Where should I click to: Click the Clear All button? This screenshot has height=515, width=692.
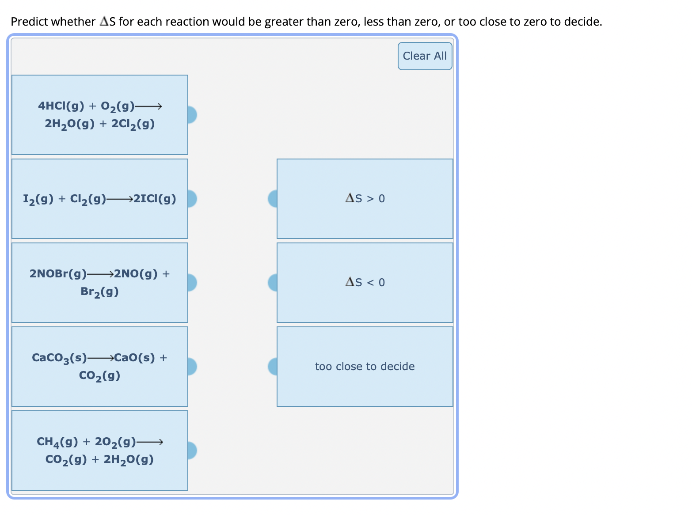425,56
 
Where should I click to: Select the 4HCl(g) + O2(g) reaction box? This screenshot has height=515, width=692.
100,115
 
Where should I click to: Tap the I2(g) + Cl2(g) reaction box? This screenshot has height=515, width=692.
100,199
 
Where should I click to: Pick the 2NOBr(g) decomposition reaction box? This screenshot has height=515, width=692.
100,283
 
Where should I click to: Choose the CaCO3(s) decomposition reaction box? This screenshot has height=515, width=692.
100,367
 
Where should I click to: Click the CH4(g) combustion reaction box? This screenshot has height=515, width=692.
100,451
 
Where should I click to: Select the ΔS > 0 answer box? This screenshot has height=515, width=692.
365,199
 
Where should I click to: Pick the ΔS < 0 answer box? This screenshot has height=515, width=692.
365,283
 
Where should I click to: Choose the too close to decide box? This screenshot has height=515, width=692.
365,367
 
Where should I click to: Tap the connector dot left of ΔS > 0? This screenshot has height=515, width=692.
273,199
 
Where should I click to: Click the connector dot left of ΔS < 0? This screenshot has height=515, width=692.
273,283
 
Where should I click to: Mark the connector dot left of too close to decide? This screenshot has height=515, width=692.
273,367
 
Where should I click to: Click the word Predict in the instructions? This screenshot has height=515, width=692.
30,22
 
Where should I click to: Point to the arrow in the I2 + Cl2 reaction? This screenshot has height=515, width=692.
119,199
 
